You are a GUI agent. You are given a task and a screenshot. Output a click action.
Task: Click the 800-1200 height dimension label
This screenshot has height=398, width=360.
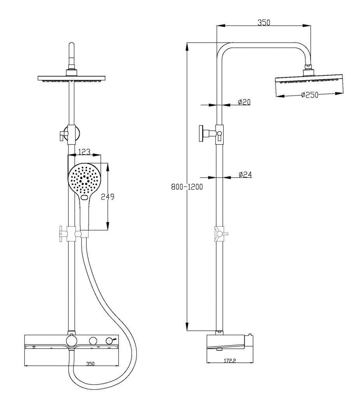pyautogui.click(x=187, y=187)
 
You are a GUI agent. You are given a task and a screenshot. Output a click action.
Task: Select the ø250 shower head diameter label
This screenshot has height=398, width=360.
pyautogui.click(x=310, y=95)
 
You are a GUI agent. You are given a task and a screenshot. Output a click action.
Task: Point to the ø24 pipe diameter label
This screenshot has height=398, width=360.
pyautogui.click(x=245, y=175)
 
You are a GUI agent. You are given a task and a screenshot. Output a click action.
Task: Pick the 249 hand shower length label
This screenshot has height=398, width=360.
pyautogui.click(x=107, y=197)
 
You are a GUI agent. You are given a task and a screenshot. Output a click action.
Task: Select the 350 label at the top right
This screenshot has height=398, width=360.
pyautogui.click(x=264, y=23)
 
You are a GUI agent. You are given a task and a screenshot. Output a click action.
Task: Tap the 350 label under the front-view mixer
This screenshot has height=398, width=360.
pyautogui.click(x=90, y=364)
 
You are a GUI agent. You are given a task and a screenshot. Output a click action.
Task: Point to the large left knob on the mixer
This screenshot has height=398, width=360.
pyautogui.click(x=71, y=341)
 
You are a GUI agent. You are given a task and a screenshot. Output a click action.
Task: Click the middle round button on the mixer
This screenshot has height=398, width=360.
pyautogui.click(x=93, y=341)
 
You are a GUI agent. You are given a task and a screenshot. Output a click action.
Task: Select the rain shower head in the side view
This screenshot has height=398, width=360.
pyautogui.click(x=310, y=85)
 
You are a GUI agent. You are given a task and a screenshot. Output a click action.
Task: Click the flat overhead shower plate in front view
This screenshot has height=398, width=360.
pyautogui.click(x=71, y=79)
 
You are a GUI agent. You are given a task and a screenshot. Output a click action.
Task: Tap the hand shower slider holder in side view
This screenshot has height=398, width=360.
pyautogui.click(x=219, y=234)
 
